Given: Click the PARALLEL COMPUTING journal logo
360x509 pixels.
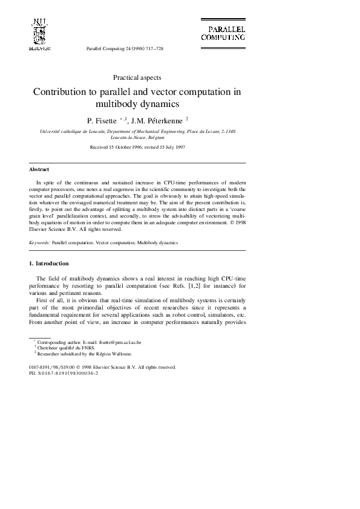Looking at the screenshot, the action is (x=223, y=33).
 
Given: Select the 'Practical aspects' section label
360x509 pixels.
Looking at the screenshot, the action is (x=137, y=77).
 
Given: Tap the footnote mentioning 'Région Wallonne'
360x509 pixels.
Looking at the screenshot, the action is (x=83, y=354).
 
